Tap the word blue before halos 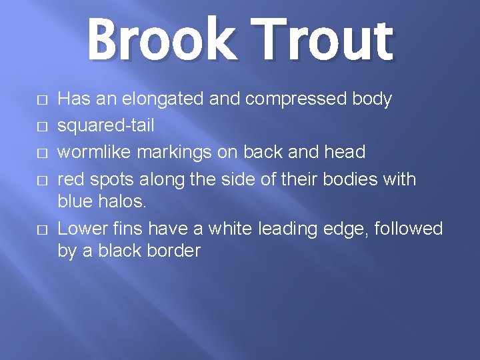[x=75, y=201]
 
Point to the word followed [x=409, y=229]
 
